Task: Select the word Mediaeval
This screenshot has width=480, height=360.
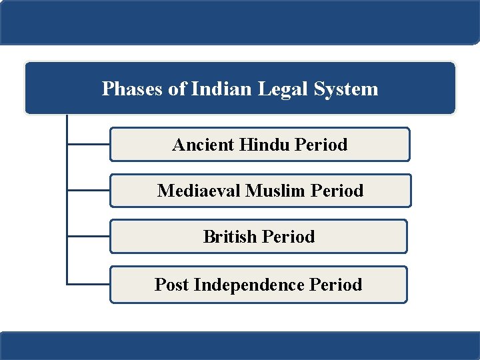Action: (x=199, y=191)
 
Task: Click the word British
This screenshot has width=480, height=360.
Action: (x=231, y=237)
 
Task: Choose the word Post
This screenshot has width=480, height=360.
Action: (x=171, y=285)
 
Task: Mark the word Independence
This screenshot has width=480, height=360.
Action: (x=249, y=285)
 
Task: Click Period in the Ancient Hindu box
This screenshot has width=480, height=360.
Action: (x=321, y=145)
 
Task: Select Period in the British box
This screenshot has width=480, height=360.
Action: (x=289, y=237)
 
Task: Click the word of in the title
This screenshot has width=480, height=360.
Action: (x=177, y=89)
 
